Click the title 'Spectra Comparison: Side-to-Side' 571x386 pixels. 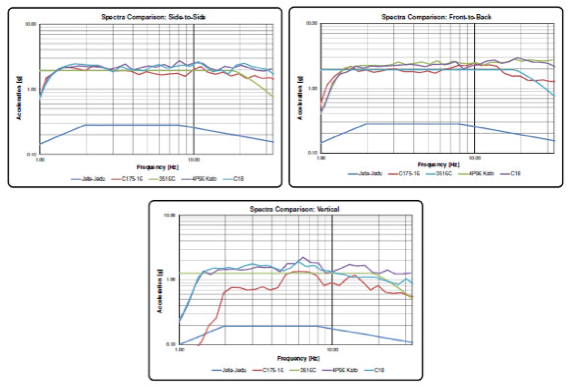[154, 17]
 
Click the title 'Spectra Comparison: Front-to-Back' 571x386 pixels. [436, 17]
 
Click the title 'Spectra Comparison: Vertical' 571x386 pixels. [294, 209]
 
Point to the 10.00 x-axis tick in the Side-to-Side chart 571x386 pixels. [194, 160]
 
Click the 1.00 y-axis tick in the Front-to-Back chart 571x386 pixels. [312, 88]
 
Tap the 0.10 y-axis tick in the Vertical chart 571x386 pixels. [171, 344]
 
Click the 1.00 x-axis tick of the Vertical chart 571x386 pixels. [179, 350]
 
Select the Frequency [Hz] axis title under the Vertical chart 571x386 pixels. [298, 359]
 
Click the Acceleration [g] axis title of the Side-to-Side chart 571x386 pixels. [19, 99]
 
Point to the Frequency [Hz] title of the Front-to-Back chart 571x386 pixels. [438, 165]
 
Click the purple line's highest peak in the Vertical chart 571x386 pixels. [303, 257]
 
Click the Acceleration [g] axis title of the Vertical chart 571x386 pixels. [160, 291]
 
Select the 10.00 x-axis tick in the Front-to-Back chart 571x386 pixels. [475, 158]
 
